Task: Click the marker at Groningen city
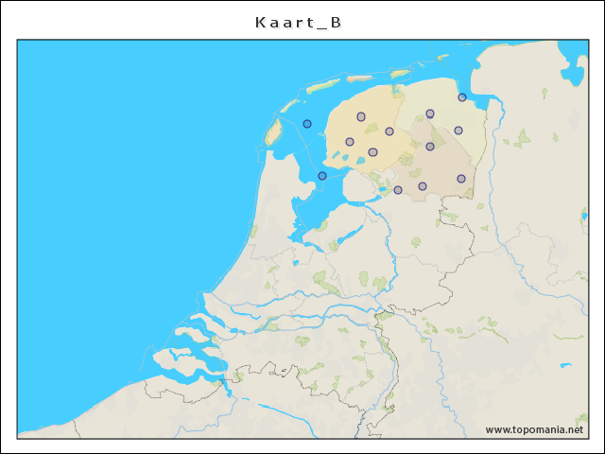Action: point(430,113)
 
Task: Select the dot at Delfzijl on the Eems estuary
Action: point(462,97)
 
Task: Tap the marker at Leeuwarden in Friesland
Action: point(361,116)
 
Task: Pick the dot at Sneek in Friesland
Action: point(350,142)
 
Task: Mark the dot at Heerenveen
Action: point(372,152)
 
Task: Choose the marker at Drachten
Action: point(389,131)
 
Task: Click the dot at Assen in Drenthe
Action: point(430,147)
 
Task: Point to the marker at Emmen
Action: point(461,179)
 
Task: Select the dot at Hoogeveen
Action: point(423,186)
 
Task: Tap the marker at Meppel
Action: point(398,190)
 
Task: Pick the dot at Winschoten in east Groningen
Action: point(458,131)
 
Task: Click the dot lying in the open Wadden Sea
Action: point(307,124)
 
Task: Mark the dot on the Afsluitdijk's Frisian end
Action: point(322,176)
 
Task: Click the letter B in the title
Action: point(336,23)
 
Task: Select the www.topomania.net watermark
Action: point(534,429)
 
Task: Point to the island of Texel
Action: point(273,131)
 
